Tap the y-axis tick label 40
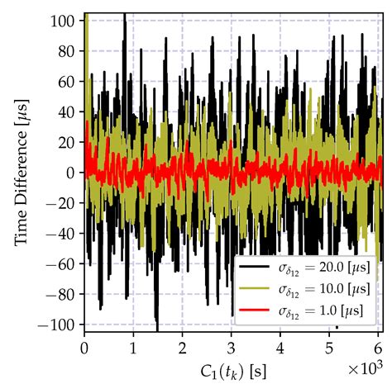(69, 111)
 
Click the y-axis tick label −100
(62, 324)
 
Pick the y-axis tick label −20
(65, 202)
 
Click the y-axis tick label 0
(73, 172)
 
